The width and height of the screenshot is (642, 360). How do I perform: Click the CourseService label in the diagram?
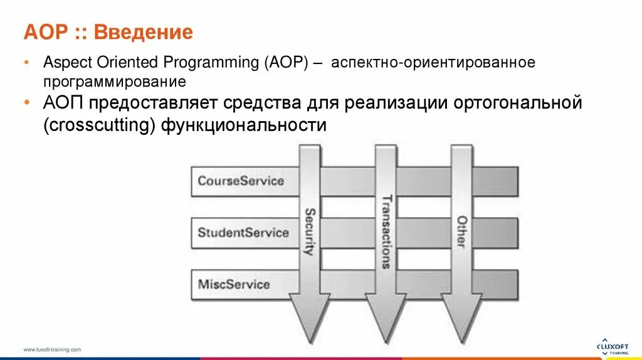(241, 181)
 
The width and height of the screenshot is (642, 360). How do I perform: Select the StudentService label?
(243, 233)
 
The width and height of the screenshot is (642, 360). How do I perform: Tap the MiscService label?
(234, 284)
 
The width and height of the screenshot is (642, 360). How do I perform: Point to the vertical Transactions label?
(386, 232)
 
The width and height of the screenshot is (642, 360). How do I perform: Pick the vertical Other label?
(461, 231)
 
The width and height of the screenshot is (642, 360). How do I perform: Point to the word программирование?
(115, 82)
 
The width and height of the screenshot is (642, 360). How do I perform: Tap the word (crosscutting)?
(99, 125)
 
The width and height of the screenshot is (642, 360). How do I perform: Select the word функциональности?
(244, 125)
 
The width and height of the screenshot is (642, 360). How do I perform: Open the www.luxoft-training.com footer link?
(52, 349)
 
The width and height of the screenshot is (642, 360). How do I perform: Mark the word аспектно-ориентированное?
(433, 63)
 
